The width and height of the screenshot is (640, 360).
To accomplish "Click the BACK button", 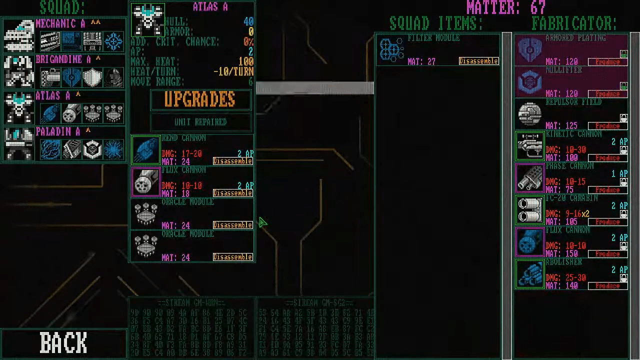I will (x=63, y=343).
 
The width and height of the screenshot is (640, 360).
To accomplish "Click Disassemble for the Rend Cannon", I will (x=232, y=161).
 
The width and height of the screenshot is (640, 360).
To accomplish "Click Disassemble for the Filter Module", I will (x=478, y=61).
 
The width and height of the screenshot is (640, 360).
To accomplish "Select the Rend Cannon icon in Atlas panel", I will (x=145, y=150).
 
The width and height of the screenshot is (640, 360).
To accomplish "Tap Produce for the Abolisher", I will (x=607, y=286).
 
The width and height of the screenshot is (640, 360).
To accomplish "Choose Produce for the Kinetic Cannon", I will (x=607, y=158).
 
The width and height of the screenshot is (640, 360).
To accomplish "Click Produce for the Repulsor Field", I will (x=607, y=126).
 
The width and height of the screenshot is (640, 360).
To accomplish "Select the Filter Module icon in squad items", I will (x=391, y=50).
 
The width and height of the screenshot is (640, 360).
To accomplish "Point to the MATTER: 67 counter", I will (x=505, y=7).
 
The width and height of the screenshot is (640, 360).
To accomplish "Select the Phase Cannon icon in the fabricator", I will (x=530, y=178).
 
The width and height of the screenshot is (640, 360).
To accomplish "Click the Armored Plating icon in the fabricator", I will (x=530, y=50).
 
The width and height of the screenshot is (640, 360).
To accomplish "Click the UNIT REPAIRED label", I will (x=200, y=122).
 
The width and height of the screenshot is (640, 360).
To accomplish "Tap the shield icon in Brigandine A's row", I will (x=92, y=77).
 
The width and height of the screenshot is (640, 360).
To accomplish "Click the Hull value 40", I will (x=248, y=21).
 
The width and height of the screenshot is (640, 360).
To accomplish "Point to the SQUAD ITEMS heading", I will (x=436, y=23).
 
